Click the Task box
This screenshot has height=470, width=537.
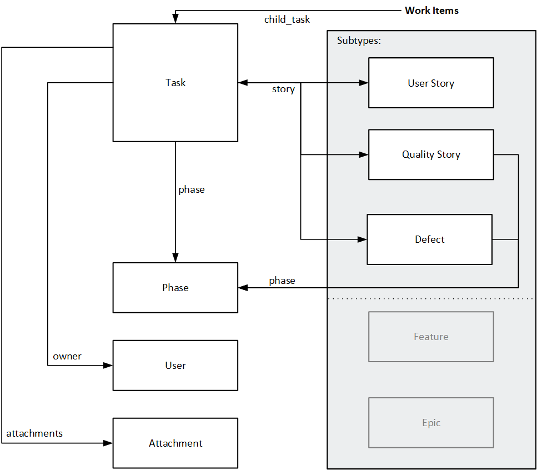point(175,82)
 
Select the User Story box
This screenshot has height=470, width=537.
point(431,83)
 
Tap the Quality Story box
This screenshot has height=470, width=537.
point(431,154)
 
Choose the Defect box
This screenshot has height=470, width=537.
point(429,239)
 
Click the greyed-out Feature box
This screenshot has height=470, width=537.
point(431,337)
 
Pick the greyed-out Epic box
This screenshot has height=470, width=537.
point(431,423)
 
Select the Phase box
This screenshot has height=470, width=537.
point(175,288)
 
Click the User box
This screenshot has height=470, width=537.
point(175,366)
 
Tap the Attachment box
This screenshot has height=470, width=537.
point(175,443)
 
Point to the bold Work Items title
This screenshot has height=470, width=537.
point(431,11)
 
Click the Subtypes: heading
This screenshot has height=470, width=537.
point(359,41)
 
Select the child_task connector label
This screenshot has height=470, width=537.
point(287,20)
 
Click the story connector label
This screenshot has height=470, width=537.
point(283,89)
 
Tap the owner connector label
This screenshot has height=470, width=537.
point(67,356)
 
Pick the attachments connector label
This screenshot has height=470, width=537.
point(34,433)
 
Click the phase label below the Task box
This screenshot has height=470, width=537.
point(192,189)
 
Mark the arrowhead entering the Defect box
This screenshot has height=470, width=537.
point(362,239)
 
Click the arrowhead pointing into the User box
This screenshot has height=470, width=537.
point(108,366)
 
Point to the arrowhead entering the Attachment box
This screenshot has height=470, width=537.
point(108,443)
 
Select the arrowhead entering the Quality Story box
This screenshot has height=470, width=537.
point(364,154)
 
